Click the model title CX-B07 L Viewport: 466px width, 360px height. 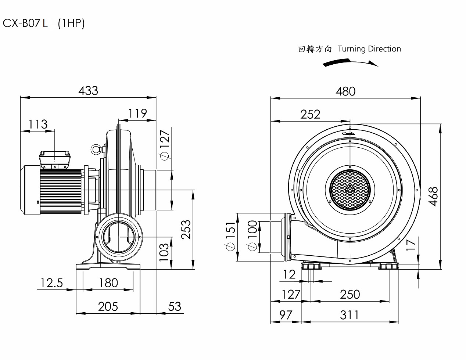(25, 24)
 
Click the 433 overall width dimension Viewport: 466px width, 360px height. (88, 90)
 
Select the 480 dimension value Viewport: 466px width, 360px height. (345, 91)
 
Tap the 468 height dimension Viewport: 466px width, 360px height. (434, 196)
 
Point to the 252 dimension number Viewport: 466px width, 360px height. (311, 114)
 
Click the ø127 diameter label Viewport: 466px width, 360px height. (165, 145)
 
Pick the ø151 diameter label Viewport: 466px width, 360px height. (230, 237)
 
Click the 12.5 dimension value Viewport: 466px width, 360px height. (52, 283)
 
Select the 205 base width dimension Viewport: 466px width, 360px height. (108, 306)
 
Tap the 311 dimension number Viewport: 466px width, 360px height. (349, 315)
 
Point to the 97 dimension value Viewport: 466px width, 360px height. (286, 315)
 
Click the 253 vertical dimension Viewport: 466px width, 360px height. (187, 230)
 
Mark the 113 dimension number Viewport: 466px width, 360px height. (38, 124)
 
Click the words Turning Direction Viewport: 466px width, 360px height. (369, 49)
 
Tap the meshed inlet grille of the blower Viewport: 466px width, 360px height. (350, 190)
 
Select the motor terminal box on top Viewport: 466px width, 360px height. (55, 158)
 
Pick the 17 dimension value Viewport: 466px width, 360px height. (411, 244)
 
